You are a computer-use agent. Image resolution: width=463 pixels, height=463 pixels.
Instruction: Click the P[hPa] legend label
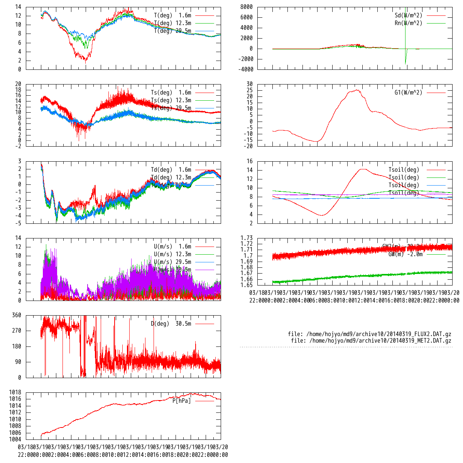tap(181, 401)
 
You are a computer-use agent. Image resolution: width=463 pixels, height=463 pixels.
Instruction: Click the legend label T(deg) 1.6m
tap(172, 15)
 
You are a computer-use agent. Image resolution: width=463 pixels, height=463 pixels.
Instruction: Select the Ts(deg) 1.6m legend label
tap(171, 93)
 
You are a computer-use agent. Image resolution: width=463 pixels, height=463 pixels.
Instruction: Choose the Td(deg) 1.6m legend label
tap(171, 170)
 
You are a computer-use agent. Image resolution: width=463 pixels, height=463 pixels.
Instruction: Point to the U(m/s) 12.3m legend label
tap(172, 254)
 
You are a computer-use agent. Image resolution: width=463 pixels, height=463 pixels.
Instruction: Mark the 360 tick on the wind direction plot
tap(17, 315)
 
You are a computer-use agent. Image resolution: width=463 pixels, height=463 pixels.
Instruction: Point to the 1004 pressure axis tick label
tap(15, 439)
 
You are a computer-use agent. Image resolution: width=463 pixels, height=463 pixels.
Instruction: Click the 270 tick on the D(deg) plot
tap(17, 331)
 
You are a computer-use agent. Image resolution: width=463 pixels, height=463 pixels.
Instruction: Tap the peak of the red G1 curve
tap(357, 90)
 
